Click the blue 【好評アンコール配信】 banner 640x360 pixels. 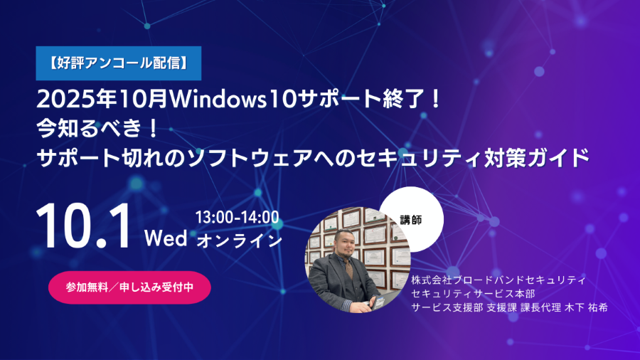(x=118, y=63)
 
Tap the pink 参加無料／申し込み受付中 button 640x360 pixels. (x=129, y=287)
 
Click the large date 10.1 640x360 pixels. (x=85, y=226)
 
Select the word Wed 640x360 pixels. (x=166, y=238)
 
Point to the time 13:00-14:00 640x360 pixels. (x=237, y=218)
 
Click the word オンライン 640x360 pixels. (x=239, y=240)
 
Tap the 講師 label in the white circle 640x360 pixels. (x=410, y=220)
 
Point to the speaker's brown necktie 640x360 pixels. (x=349, y=270)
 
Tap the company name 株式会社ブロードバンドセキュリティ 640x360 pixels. (x=498, y=280)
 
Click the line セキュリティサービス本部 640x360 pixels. (x=473, y=294)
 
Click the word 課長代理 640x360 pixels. (x=541, y=308)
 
